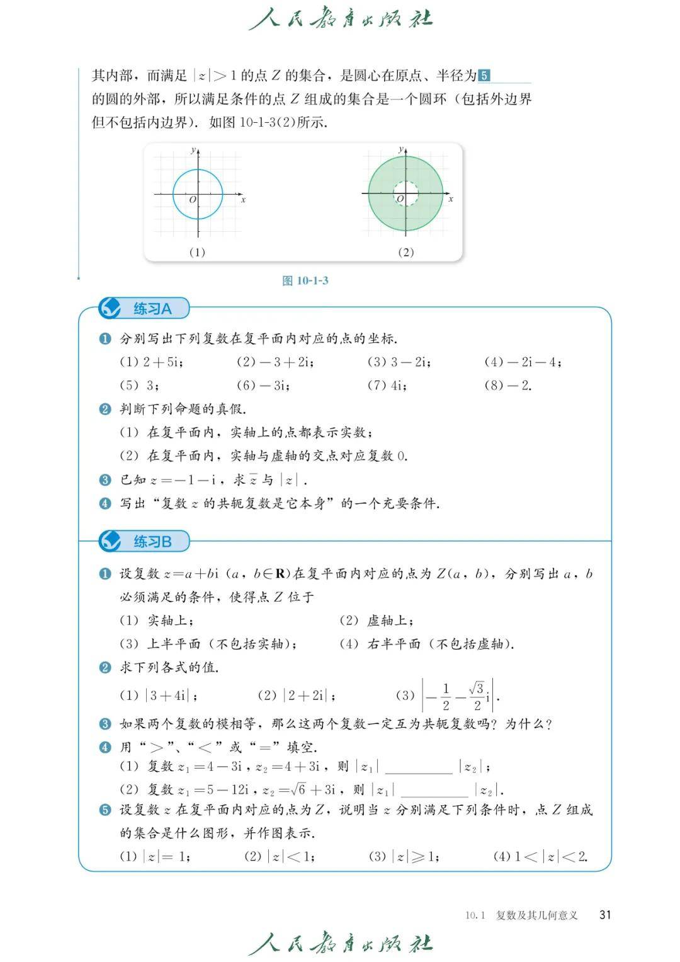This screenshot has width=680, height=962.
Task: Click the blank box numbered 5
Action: tap(484, 76)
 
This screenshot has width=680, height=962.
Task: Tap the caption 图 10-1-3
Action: tap(305, 280)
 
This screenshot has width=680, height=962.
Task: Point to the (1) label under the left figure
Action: tap(197, 252)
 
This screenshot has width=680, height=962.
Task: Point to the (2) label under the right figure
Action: tap(405, 252)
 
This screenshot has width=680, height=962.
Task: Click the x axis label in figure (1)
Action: tap(243, 200)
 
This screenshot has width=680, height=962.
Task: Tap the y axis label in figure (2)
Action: tap(400, 149)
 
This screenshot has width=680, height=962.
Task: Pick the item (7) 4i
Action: tap(387, 386)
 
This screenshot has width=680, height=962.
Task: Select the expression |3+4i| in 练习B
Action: tap(171, 696)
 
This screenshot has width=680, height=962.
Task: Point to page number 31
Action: tap(605, 915)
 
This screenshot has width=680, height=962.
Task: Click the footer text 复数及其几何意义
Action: tap(536, 915)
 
